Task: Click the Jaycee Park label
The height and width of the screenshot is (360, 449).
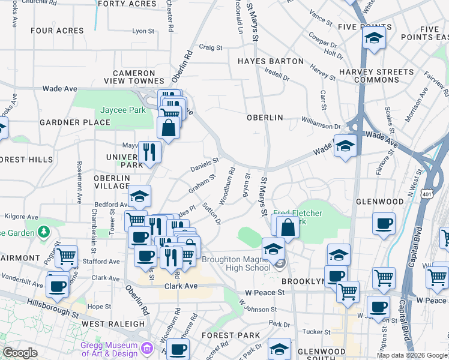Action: (122, 110)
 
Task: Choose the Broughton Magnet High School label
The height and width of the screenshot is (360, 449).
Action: (236, 263)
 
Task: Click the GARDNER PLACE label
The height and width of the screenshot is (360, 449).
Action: (75, 122)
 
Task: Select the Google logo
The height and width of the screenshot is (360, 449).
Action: (20, 353)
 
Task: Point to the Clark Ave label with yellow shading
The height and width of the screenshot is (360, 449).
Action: (181, 286)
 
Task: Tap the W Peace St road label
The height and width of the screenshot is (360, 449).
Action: (264, 292)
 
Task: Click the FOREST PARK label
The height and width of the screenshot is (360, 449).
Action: (231, 335)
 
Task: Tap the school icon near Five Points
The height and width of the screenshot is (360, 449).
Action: (373, 38)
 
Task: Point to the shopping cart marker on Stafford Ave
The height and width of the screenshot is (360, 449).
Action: (66, 257)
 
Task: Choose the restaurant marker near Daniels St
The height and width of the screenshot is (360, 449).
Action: (149, 152)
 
